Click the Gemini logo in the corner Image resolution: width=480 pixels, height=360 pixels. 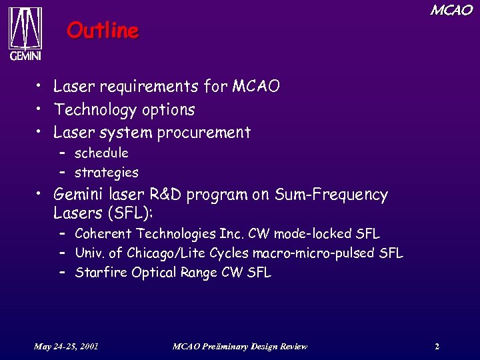click(x=25, y=34)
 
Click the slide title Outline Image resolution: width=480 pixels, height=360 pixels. click(x=103, y=31)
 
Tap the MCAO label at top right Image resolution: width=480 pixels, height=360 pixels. click(x=451, y=10)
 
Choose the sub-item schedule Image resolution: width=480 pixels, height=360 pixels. click(x=101, y=153)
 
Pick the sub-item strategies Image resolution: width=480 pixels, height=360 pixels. click(x=107, y=173)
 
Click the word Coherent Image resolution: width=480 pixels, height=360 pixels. click(x=103, y=234)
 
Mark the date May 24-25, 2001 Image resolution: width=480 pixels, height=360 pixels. click(x=67, y=346)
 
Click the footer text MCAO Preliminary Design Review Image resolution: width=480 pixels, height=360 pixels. click(x=239, y=346)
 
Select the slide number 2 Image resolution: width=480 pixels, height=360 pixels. click(x=437, y=346)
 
